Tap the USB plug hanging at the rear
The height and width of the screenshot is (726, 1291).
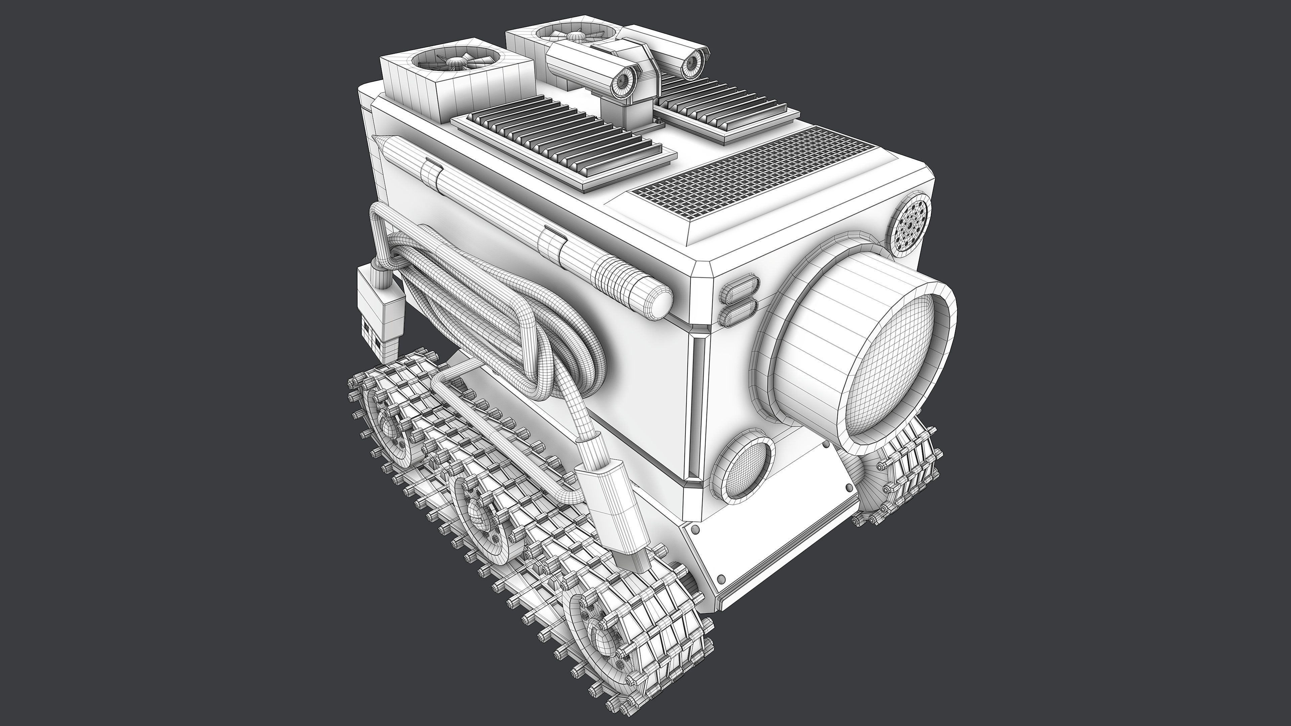click(380, 316)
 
